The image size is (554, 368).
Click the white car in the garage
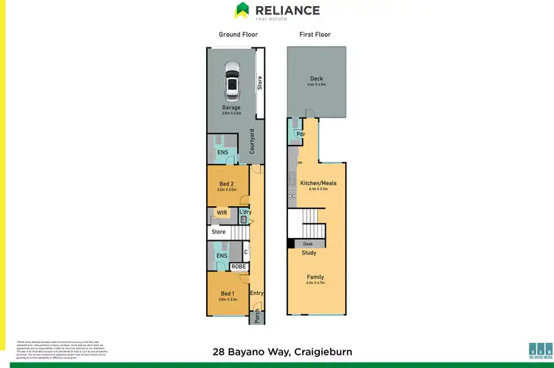pyautogui.click(x=232, y=81)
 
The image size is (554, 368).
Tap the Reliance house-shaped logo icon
pyautogui.click(x=241, y=10)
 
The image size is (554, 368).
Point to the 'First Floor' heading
pyautogui.click(x=315, y=35)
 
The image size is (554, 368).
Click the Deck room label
pyautogui.click(x=315, y=81)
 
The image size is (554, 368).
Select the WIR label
pyautogui.click(x=221, y=213)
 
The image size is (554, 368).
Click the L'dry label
pyautogui.click(x=245, y=212)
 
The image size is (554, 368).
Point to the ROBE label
pyautogui.click(x=239, y=267)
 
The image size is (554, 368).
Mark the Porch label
pyautogui.click(x=256, y=317)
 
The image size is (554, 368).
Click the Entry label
pyautogui.click(x=256, y=293)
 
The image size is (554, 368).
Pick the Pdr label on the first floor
pyautogui.click(x=301, y=134)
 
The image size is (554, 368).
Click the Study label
pyautogui.click(x=309, y=253)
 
